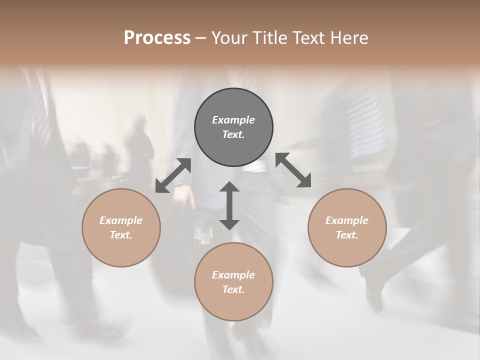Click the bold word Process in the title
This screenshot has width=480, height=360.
[x=157, y=38]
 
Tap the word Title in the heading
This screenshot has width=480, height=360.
[x=269, y=38]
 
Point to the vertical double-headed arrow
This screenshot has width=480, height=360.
[x=229, y=205]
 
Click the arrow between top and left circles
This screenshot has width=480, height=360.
[x=173, y=175]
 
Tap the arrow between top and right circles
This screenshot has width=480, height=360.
[x=293, y=170]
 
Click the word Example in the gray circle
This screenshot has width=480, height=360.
[x=233, y=120]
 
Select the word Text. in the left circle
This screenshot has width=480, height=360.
[x=121, y=235]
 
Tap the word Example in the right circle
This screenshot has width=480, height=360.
[x=347, y=220]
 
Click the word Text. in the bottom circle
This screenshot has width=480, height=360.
[x=233, y=289]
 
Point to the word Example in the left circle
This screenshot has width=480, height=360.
[x=121, y=220]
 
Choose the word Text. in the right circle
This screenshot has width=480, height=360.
[x=347, y=235]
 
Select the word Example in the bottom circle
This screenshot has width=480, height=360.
[x=233, y=275]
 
